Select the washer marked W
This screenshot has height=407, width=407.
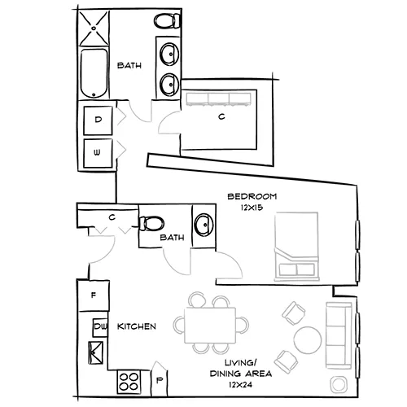(x=99, y=152)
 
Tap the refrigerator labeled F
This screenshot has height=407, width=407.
(x=94, y=295)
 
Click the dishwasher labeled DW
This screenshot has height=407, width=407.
(x=101, y=326)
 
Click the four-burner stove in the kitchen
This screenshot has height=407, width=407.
(x=128, y=379)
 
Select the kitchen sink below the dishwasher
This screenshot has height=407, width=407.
(x=96, y=353)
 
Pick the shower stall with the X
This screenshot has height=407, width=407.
(x=96, y=27)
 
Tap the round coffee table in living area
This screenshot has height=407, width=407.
(x=306, y=339)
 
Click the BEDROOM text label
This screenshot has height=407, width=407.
(x=253, y=196)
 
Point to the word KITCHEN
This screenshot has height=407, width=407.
(x=137, y=326)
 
